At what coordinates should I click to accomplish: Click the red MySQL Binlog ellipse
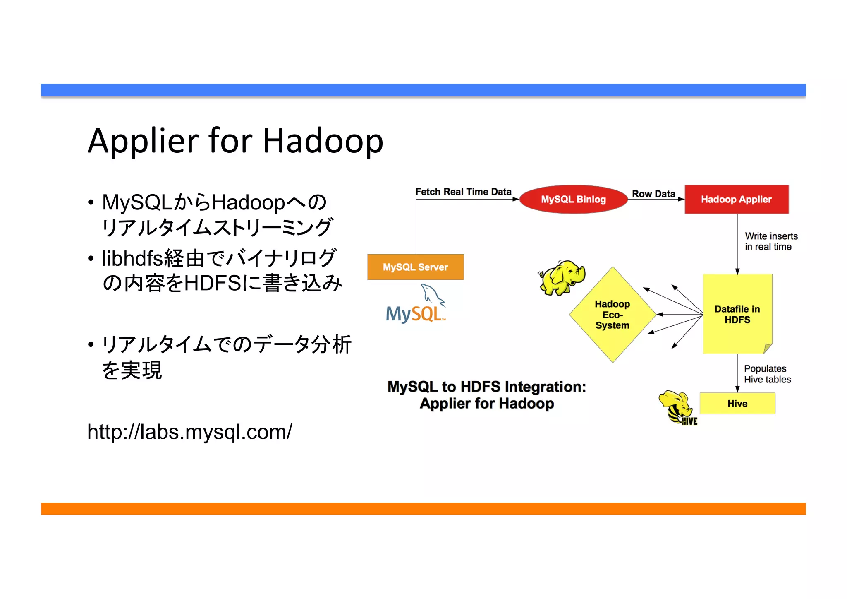point(573,199)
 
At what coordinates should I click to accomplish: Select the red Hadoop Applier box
point(736,199)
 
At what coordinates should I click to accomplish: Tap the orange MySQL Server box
point(415,267)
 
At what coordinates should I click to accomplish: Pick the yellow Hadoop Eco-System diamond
point(613,315)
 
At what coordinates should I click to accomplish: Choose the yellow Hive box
point(737,403)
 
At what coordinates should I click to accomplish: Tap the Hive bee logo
point(677,408)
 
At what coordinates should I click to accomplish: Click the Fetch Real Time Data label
point(463,192)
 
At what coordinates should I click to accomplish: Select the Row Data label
point(653,194)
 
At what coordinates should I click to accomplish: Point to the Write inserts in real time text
point(770,241)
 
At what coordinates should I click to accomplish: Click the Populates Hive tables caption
point(767,374)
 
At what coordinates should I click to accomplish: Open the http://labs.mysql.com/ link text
point(189,432)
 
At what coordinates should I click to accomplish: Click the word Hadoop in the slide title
point(323,141)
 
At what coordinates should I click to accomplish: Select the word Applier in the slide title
point(143,141)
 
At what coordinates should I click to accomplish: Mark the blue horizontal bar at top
point(423,90)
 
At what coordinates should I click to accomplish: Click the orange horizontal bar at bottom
point(423,508)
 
